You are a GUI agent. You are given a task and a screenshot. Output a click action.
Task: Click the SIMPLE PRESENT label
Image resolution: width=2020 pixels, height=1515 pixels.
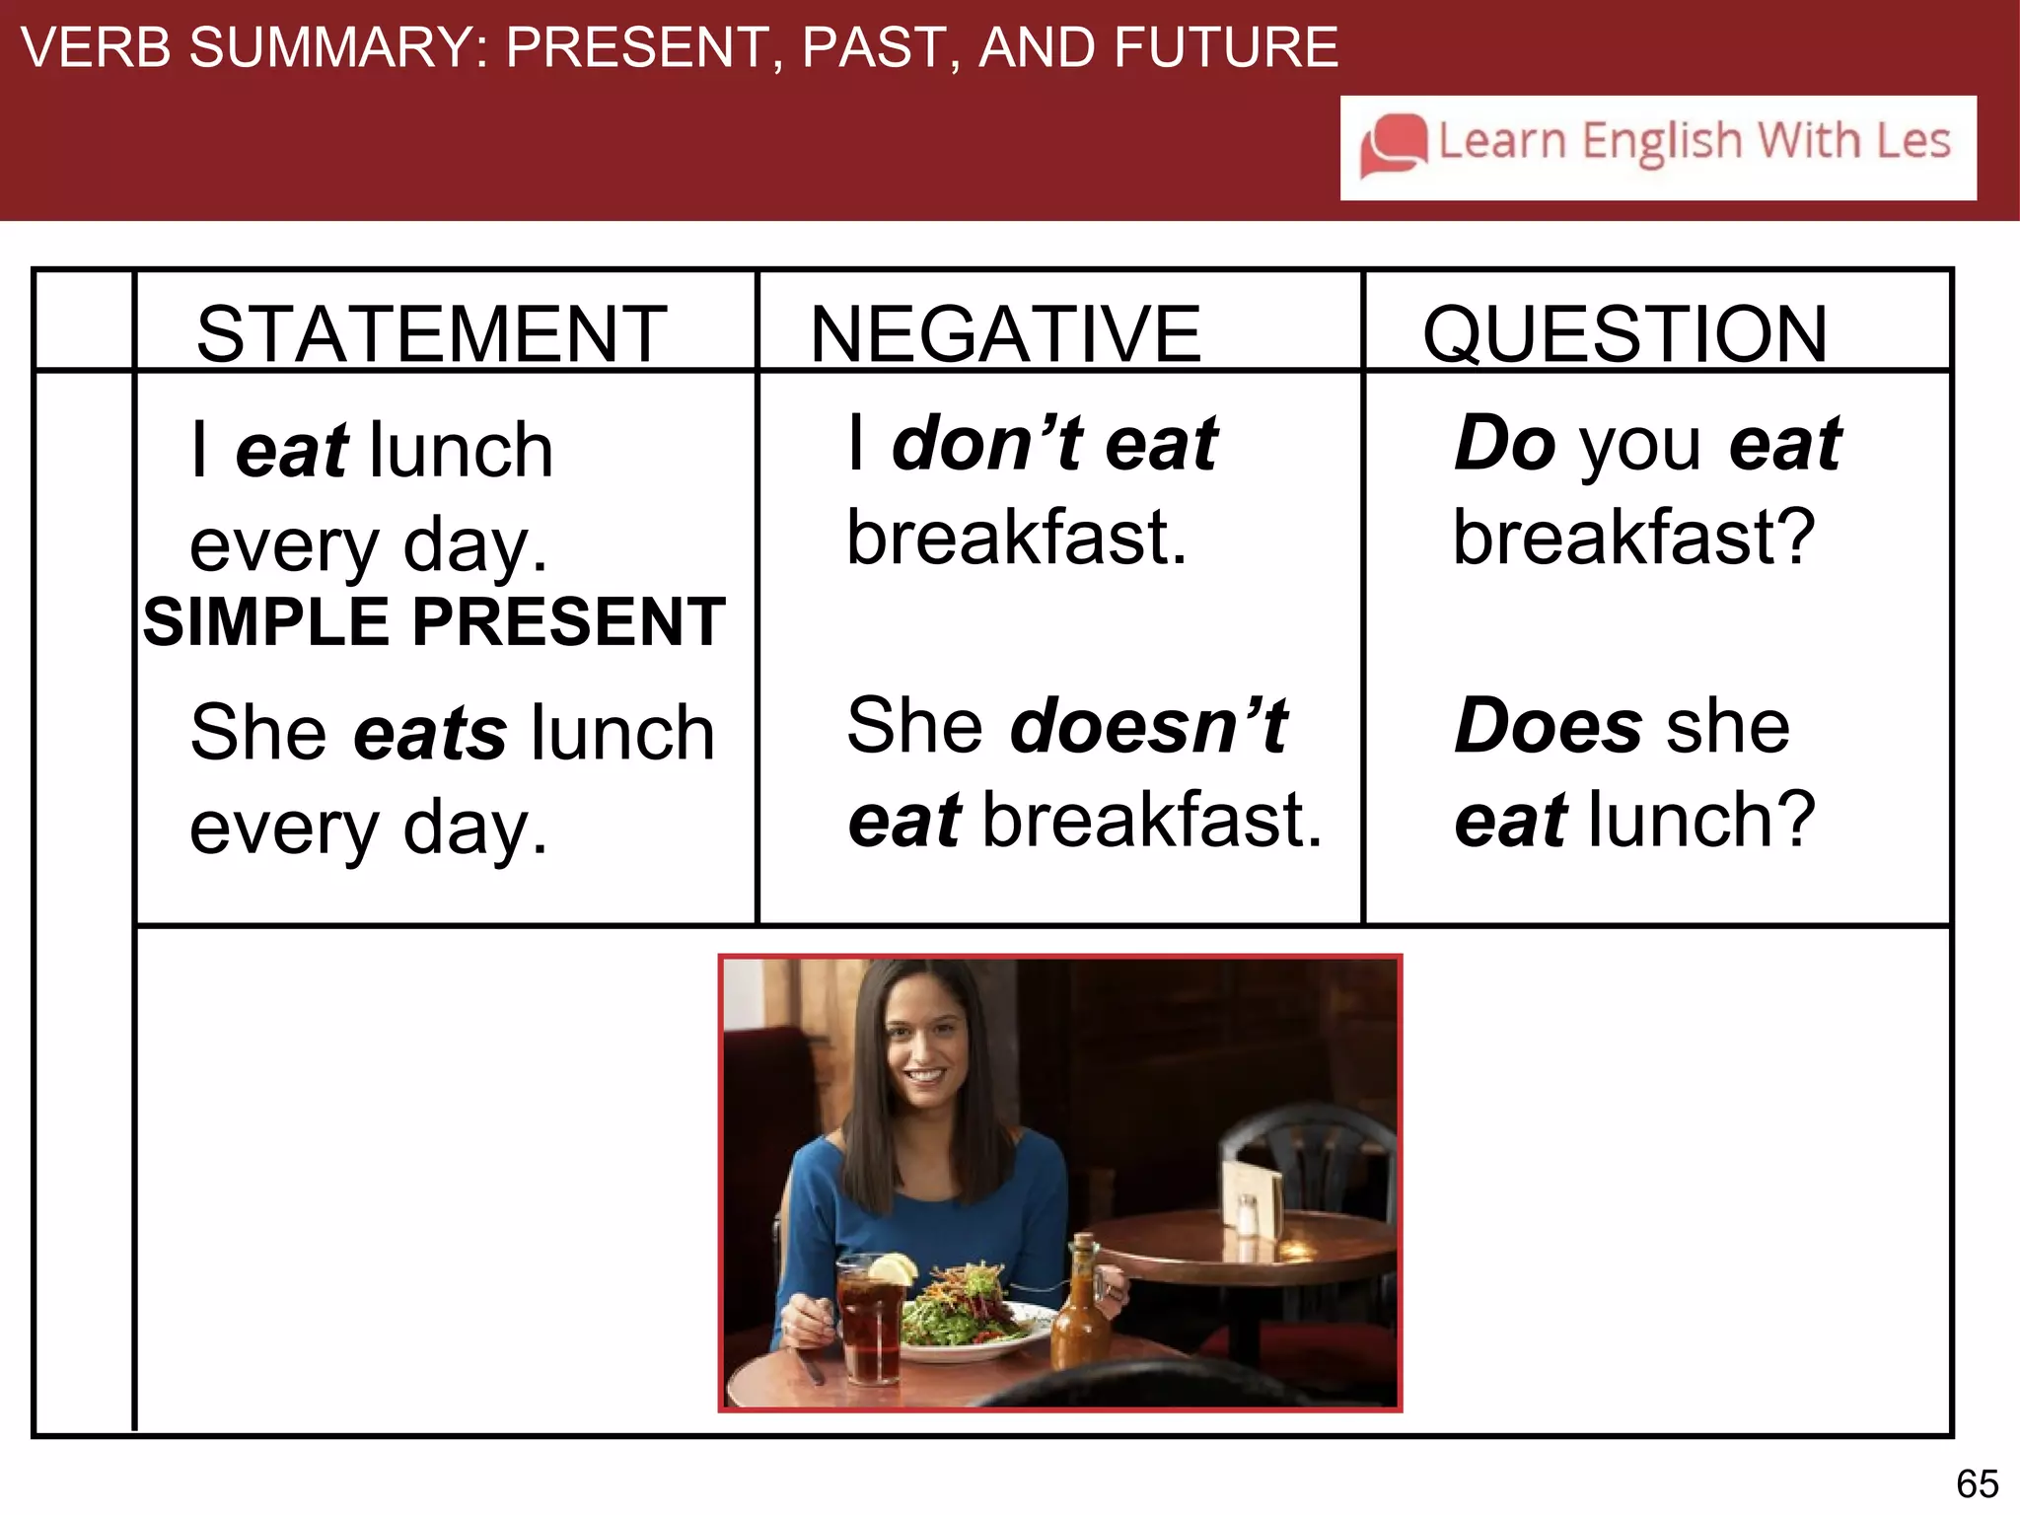[x=434, y=622]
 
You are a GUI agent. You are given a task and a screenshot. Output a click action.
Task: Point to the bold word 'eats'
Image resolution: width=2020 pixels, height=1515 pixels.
[x=431, y=733]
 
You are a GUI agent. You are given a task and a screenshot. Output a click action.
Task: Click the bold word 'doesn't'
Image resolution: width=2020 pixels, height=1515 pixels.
[x=1149, y=726]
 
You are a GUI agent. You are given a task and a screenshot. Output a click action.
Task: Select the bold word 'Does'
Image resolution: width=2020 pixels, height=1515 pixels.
[x=1548, y=726]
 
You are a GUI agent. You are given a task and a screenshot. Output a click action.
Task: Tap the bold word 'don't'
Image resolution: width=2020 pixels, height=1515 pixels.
[x=986, y=443]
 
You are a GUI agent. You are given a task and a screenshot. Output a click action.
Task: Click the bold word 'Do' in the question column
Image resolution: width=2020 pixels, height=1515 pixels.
[x=1504, y=443]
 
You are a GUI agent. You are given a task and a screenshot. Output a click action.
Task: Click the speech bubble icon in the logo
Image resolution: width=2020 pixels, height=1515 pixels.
[x=1393, y=145]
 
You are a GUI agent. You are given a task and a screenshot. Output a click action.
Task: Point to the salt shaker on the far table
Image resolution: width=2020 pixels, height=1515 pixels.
[x=1247, y=1215]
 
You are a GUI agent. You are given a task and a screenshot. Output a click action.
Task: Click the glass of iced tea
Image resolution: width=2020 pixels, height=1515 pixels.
[x=870, y=1322]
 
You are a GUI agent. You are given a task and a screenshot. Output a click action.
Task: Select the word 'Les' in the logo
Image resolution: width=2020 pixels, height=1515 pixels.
[x=1912, y=141]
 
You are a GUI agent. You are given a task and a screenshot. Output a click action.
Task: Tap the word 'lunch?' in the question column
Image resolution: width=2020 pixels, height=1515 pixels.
[x=1701, y=820]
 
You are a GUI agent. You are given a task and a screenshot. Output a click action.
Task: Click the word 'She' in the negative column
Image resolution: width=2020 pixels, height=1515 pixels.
[x=915, y=726]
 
